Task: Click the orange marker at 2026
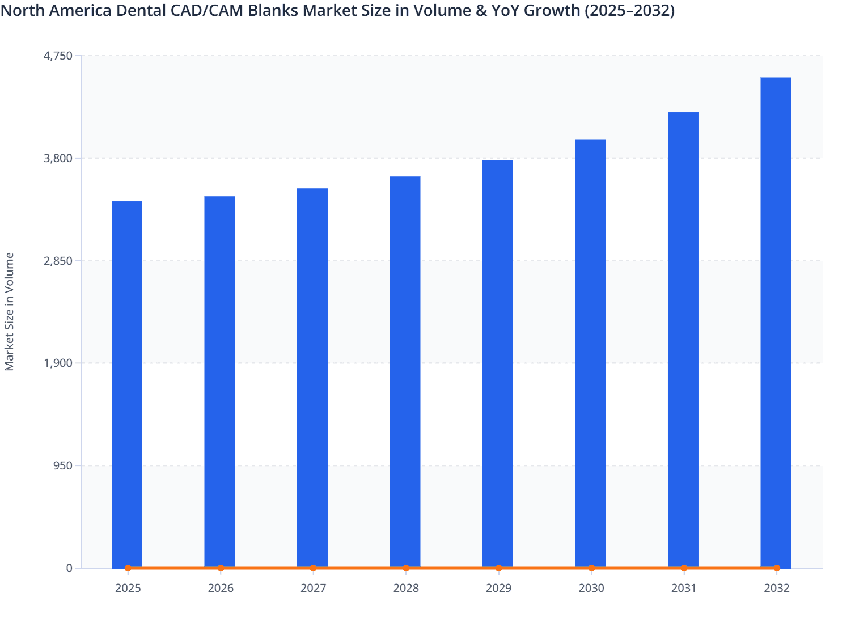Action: click(221, 568)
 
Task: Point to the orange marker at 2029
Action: click(498, 568)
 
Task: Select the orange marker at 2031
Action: click(684, 568)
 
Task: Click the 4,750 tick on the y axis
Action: click(58, 56)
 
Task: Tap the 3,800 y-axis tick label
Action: click(58, 158)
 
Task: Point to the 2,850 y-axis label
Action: click(58, 261)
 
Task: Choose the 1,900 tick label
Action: click(58, 363)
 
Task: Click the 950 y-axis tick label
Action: click(62, 465)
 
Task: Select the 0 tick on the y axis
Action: click(69, 568)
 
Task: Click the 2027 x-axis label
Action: click(313, 589)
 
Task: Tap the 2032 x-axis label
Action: click(776, 589)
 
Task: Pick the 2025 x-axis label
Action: click(128, 589)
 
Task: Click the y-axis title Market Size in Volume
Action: click(10, 311)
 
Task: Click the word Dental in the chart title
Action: click(143, 11)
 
